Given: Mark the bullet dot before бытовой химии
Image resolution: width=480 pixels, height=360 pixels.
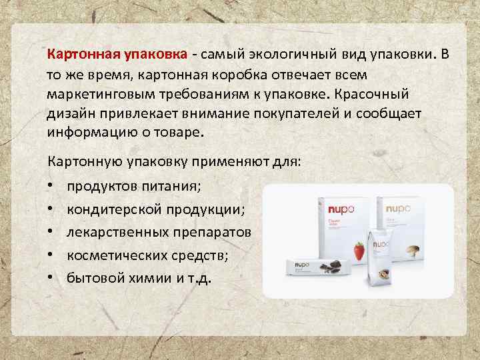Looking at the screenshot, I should [x=51, y=278].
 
